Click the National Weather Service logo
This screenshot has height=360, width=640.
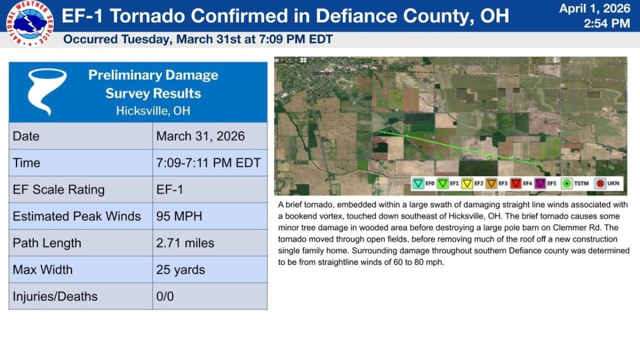pos(30,23)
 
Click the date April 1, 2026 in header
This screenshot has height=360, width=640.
pos(594,8)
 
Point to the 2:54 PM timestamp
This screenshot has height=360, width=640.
pos(606,23)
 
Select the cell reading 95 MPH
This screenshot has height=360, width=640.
pos(178,216)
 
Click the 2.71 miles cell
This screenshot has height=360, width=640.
pos(185,243)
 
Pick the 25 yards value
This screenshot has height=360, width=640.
pos(180,270)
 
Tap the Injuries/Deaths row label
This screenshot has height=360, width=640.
pos(55,296)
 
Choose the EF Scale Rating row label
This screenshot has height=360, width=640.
pos(58,189)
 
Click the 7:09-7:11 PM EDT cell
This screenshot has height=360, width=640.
pos(208,163)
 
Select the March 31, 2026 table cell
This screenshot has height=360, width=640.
pos(200,136)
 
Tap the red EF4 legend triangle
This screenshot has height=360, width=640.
pos(515,183)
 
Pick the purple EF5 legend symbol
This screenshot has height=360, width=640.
pos(539,183)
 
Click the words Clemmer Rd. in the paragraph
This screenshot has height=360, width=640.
pos(598,228)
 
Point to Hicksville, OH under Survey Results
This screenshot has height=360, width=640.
pos(153,110)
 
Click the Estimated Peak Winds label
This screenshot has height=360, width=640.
pos(76,216)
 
